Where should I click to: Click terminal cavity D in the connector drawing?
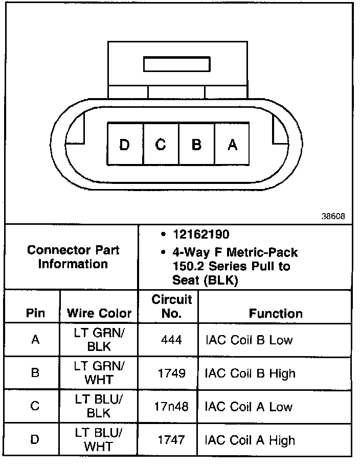pyautogui.click(x=125, y=145)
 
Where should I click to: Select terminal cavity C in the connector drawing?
pyautogui.click(x=161, y=145)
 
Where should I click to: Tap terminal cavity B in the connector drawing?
pyautogui.click(x=196, y=145)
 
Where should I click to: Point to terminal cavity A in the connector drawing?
pyautogui.click(x=232, y=145)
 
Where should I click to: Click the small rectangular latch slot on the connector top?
pyautogui.click(x=177, y=64)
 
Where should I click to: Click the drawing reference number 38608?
pyautogui.click(x=333, y=216)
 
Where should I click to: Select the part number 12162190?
pyautogui.click(x=200, y=235)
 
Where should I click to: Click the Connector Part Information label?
pyautogui.click(x=73, y=257)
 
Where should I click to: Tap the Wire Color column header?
pyautogui.click(x=99, y=313)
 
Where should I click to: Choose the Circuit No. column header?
pyautogui.click(x=171, y=306)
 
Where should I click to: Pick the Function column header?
pyautogui.click(x=276, y=313)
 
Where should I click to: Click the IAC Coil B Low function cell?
pyautogui.click(x=249, y=340)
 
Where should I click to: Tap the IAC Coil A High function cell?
pyautogui.click(x=250, y=440)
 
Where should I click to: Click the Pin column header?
pyautogui.click(x=35, y=313)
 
